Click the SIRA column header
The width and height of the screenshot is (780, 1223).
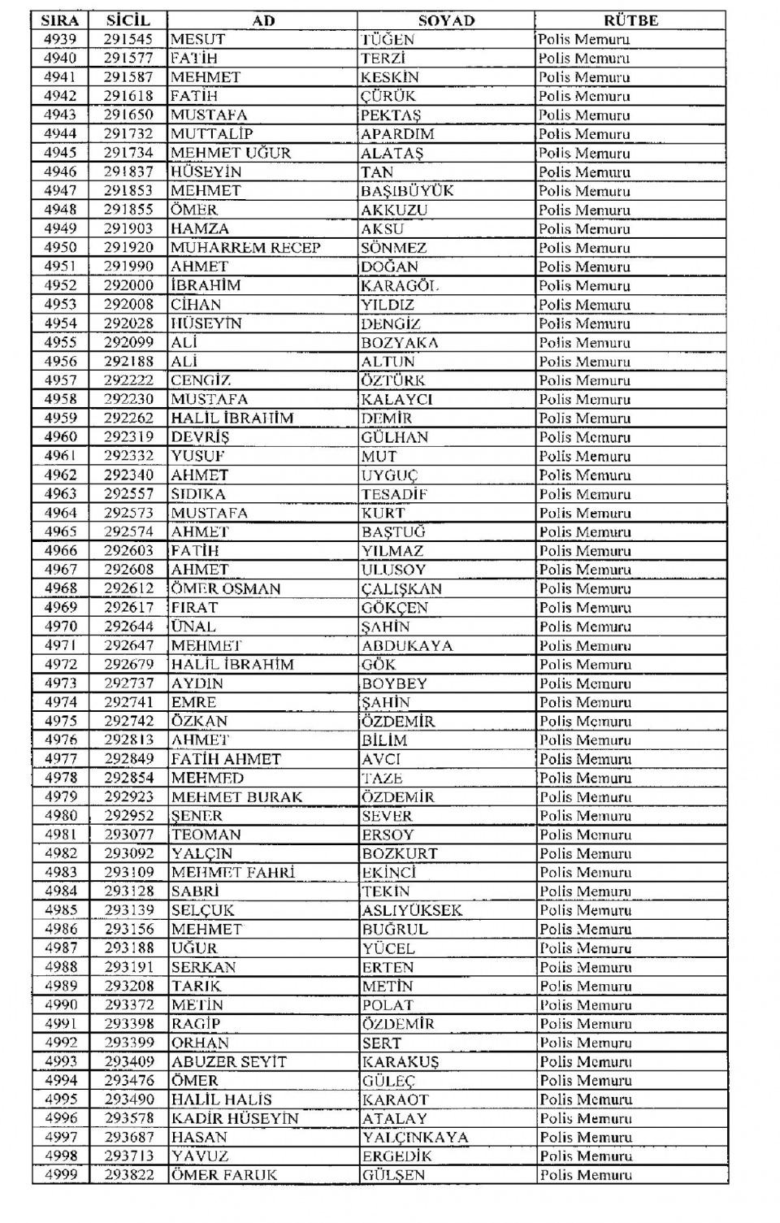click(x=60, y=20)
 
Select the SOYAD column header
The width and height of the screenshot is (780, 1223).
click(x=446, y=20)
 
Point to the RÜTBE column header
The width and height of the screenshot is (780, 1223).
click(x=630, y=20)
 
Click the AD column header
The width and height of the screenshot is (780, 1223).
click(x=263, y=20)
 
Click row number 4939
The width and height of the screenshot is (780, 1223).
click(x=60, y=39)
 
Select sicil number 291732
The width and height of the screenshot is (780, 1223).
click(x=128, y=134)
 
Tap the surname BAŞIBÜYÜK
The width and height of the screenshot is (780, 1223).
click(x=407, y=191)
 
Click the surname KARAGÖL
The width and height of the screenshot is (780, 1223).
click(x=400, y=285)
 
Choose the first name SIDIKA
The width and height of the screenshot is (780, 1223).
click(x=198, y=494)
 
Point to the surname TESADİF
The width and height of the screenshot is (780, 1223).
click(x=395, y=494)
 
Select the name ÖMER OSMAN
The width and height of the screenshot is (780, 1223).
click(x=226, y=588)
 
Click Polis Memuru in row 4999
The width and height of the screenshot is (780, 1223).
click(x=585, y=1175)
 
